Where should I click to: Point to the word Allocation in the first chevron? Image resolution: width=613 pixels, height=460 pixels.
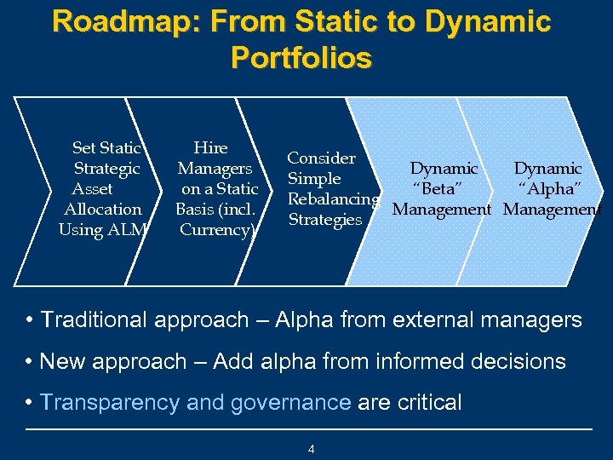click(103, 210)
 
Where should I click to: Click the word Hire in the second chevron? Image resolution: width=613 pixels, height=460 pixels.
click(210, 148)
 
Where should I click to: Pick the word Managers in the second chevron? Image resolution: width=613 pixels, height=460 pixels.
click(215, 169)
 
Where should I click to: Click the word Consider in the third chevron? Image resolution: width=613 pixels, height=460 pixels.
click(321, 158)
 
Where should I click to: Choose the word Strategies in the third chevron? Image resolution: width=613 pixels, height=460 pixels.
click(325, 220)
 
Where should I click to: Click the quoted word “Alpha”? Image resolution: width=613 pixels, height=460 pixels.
click(550, 189)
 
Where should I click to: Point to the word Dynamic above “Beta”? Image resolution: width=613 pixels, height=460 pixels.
click(444, 169)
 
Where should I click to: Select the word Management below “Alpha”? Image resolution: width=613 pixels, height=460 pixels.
click(553, 210)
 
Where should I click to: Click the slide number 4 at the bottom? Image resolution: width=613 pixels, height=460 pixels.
click(312, 449)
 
